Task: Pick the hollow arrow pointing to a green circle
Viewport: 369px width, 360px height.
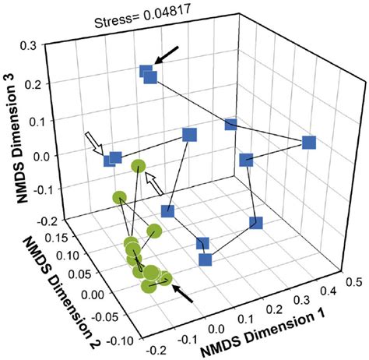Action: (x=155, y=183)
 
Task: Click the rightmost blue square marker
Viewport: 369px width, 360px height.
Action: (x=308, y=143)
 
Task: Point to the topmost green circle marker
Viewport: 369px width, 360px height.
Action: (x=139, y=166)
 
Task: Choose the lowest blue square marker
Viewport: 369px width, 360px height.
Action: (x=206, y=259)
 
